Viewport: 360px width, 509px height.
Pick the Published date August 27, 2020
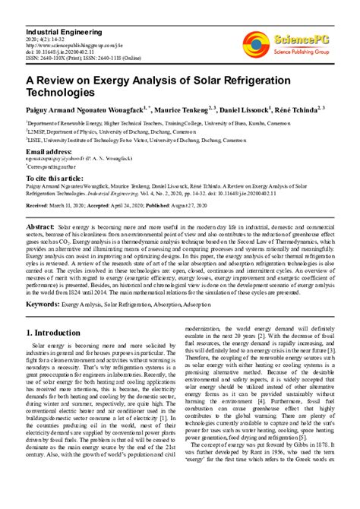click(x=221, y=205)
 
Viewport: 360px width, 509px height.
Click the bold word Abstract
click(x=39, y=227)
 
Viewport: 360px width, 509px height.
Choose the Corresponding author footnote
click(x=52, y=165)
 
